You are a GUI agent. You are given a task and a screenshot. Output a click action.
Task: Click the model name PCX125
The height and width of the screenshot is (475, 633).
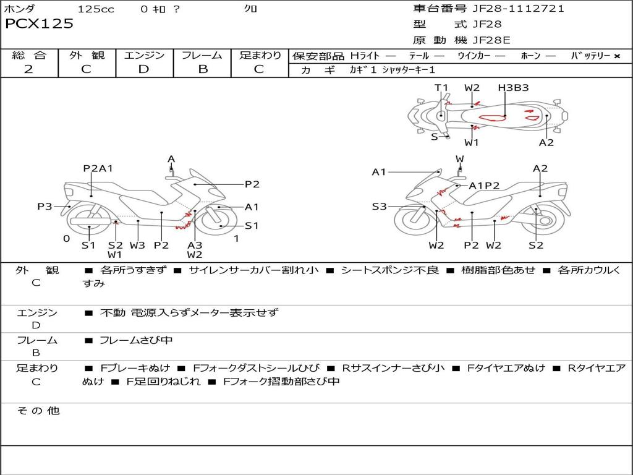(x=39, y=24)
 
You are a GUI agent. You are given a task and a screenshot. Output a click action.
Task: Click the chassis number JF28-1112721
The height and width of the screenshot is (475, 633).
(x=518, y=9)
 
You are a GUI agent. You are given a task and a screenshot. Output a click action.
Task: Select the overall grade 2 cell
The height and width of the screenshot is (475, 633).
(x=28, y=69)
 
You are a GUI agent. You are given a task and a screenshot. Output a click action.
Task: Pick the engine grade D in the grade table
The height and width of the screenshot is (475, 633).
(x=144, y=69)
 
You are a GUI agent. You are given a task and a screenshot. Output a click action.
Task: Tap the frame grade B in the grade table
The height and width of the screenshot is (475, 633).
(x=202, y=69)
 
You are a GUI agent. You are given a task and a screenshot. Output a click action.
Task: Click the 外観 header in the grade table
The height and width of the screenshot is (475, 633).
(x=87, y=55)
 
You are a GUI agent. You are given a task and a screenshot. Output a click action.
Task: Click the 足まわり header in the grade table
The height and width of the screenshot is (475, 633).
(x=260, y=55)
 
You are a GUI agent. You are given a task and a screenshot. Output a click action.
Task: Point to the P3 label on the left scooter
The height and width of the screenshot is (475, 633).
(x=45, y=207)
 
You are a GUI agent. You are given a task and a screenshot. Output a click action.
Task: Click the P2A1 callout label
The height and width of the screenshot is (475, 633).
(x=98, y=168)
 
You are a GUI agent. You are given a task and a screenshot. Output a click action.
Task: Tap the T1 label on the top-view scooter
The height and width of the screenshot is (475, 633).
(x=441, y=88)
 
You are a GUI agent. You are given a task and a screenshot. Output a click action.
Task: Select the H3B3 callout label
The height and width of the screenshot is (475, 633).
(x=513, y=88)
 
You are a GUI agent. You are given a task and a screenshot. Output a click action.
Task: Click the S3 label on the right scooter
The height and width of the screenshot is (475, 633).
(x=379, y=207)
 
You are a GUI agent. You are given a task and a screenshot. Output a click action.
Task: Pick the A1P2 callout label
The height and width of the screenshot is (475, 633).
(x=484, y=186)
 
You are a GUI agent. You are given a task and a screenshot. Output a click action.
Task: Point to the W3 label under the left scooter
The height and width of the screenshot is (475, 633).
(x=137, y=245)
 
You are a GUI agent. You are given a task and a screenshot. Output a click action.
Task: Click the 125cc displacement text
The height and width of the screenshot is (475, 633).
(x=96, y=9)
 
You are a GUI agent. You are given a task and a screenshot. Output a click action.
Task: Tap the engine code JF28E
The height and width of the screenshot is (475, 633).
(x=491, y=40)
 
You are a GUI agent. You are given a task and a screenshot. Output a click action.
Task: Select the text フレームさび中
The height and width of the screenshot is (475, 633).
(x=136, y=340)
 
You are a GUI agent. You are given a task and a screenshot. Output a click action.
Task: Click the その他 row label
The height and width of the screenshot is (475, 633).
(x=38, y=411)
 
